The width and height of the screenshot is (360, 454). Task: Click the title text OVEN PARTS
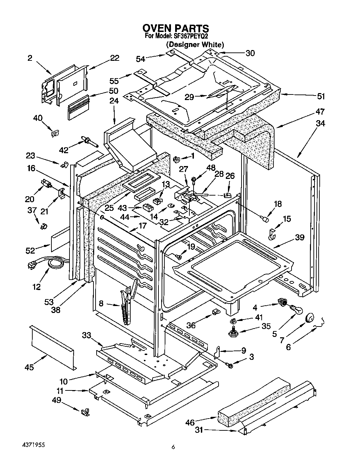(x=176, y=28)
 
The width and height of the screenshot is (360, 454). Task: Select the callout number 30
(x=250, y=53)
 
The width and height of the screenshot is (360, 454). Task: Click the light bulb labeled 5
(x=297, y=310)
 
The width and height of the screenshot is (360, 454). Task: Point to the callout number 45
(x=29, y=367)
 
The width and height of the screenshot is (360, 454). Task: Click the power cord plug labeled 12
(x=32, y=265)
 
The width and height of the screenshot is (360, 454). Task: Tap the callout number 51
(x=321, y=97)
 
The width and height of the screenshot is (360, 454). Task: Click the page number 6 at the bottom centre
(x=173, y=447)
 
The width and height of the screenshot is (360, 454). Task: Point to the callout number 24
(x=114, y=101)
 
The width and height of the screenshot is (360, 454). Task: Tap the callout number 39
(x=300, y=237)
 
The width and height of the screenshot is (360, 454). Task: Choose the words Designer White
(x=195, y=45)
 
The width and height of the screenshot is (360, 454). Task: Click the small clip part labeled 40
(x=55, y=133)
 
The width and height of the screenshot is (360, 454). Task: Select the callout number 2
(x=30, y=58)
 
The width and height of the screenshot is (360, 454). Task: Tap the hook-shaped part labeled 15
(x=272, y=234)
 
